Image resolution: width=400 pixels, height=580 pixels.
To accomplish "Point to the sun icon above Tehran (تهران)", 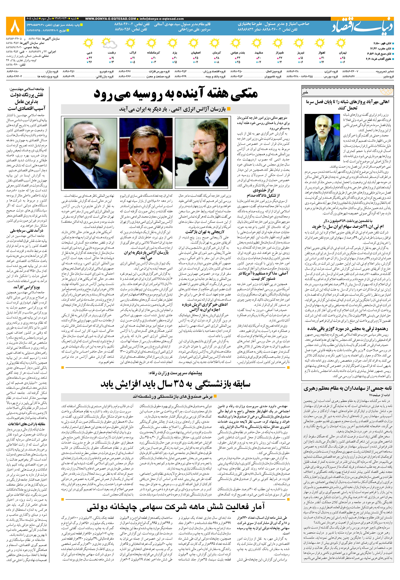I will (x=341, y=44).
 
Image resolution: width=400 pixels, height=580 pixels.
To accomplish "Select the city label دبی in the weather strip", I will (x=90, y=53).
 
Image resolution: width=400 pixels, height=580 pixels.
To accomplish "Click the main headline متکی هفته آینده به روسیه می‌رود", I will (x=175, y=94).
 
